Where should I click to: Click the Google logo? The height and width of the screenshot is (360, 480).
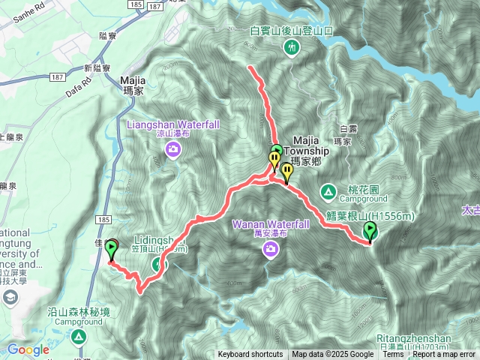[28, 349]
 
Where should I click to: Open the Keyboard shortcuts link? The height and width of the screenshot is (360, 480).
[250, 355]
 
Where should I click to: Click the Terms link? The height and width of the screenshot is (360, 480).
[393, 355]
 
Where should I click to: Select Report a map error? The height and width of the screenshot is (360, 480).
[444, 355]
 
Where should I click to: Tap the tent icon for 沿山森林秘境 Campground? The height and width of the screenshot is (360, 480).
[78, 337]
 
